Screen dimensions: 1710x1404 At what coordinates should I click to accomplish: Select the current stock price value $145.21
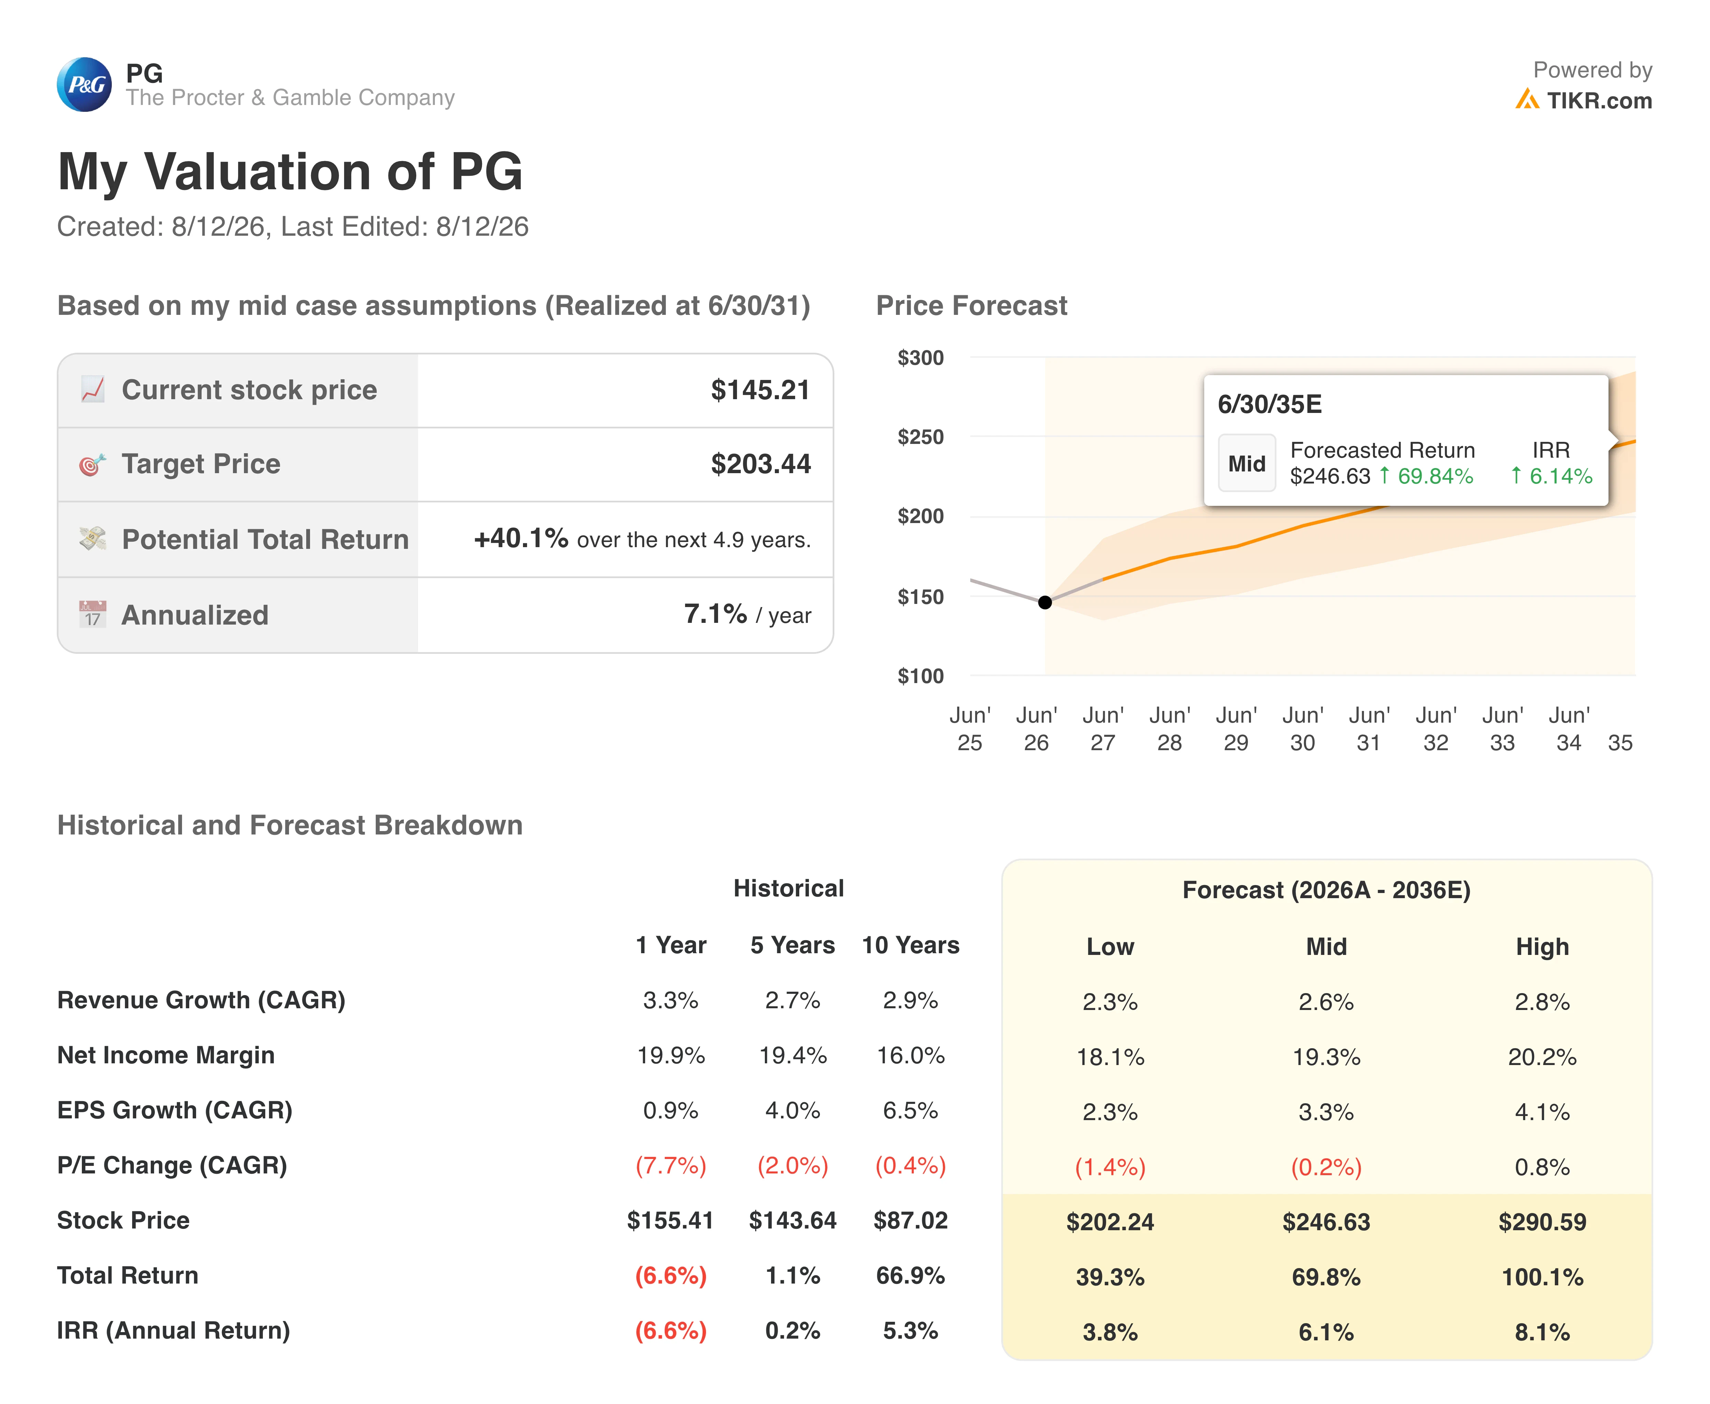(760, 390)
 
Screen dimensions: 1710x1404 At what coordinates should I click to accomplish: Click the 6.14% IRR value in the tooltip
(1560, 476)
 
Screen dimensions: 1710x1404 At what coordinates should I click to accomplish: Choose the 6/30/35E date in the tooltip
(1269, 404)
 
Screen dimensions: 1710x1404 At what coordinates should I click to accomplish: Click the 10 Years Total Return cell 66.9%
(910, 1275)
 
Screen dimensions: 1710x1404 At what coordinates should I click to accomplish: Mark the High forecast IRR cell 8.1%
(1542, 1332)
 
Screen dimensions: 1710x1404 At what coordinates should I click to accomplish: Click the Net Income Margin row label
(166, 1055)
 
